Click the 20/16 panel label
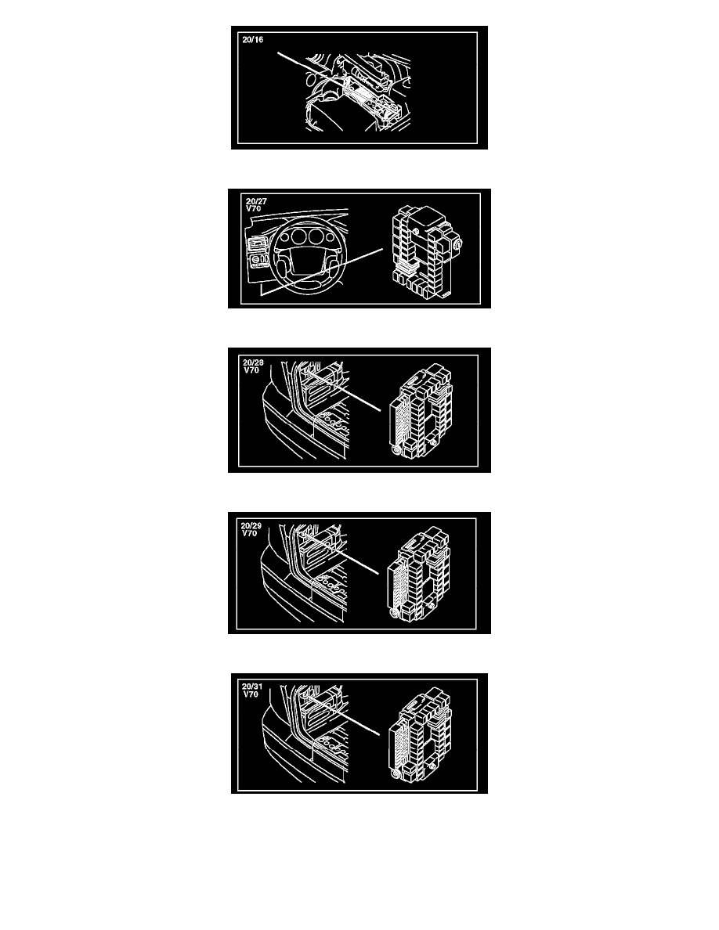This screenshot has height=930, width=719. tap(253, 40)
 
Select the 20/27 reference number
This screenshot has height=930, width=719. tap(256, 202)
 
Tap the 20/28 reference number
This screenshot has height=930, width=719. tap(253, 362)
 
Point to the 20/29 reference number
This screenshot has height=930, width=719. tap(251, 525)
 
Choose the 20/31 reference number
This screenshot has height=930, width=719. tap(252, 687)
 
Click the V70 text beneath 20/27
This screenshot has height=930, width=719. tap(253, 209)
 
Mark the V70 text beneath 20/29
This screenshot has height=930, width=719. tap(250, 533)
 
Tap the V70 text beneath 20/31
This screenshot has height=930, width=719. tap(251, 694)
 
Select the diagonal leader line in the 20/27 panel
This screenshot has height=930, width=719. tap(322, 272)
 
